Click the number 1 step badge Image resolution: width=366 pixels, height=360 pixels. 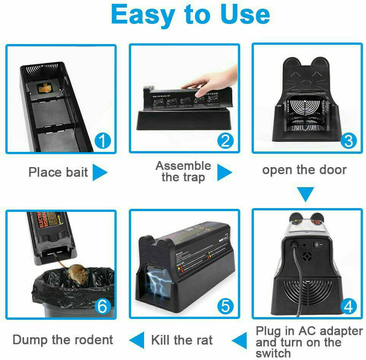(102, 141)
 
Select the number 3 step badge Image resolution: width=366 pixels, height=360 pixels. (348, 141)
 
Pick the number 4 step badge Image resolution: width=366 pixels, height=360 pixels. (348, 306)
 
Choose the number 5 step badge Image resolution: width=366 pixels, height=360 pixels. (225, 306)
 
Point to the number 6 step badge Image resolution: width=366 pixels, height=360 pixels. (102, 306)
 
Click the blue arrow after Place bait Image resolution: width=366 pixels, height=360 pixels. (100, 172)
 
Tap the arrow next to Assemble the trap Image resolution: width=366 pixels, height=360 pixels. (224, 172)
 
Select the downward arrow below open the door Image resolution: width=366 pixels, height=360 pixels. (306, 194)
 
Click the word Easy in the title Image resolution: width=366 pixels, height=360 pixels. (143, 14)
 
